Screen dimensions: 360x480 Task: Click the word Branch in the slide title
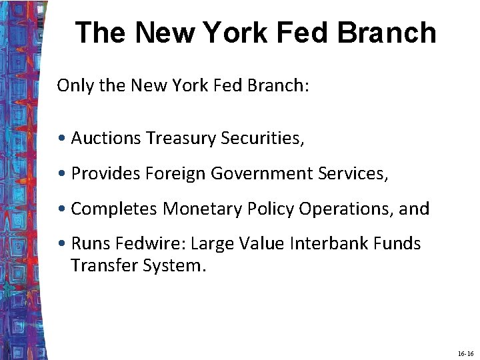(x=390, y=33)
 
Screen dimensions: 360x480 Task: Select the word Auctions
(x=106, y=138)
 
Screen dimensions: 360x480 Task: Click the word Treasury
(x=177, y=138)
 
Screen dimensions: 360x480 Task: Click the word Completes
(x=114, y=209)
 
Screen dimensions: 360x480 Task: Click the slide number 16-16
(x=466, y=354)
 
